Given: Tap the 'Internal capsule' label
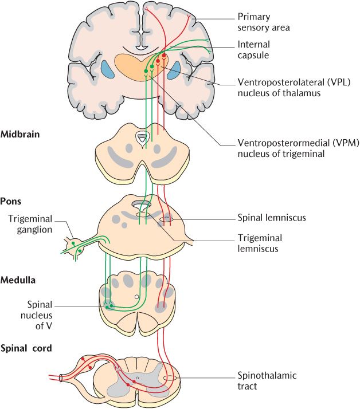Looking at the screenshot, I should tap(253, 50).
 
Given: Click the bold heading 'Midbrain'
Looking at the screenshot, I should tap(21, 135).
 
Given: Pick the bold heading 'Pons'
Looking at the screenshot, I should tap(11, 201).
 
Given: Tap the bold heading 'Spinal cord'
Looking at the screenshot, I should tap(26, 348).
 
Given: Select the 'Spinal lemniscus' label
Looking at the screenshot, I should tap(271, 218).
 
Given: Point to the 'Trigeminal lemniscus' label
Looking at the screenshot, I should tap(260, 243).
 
